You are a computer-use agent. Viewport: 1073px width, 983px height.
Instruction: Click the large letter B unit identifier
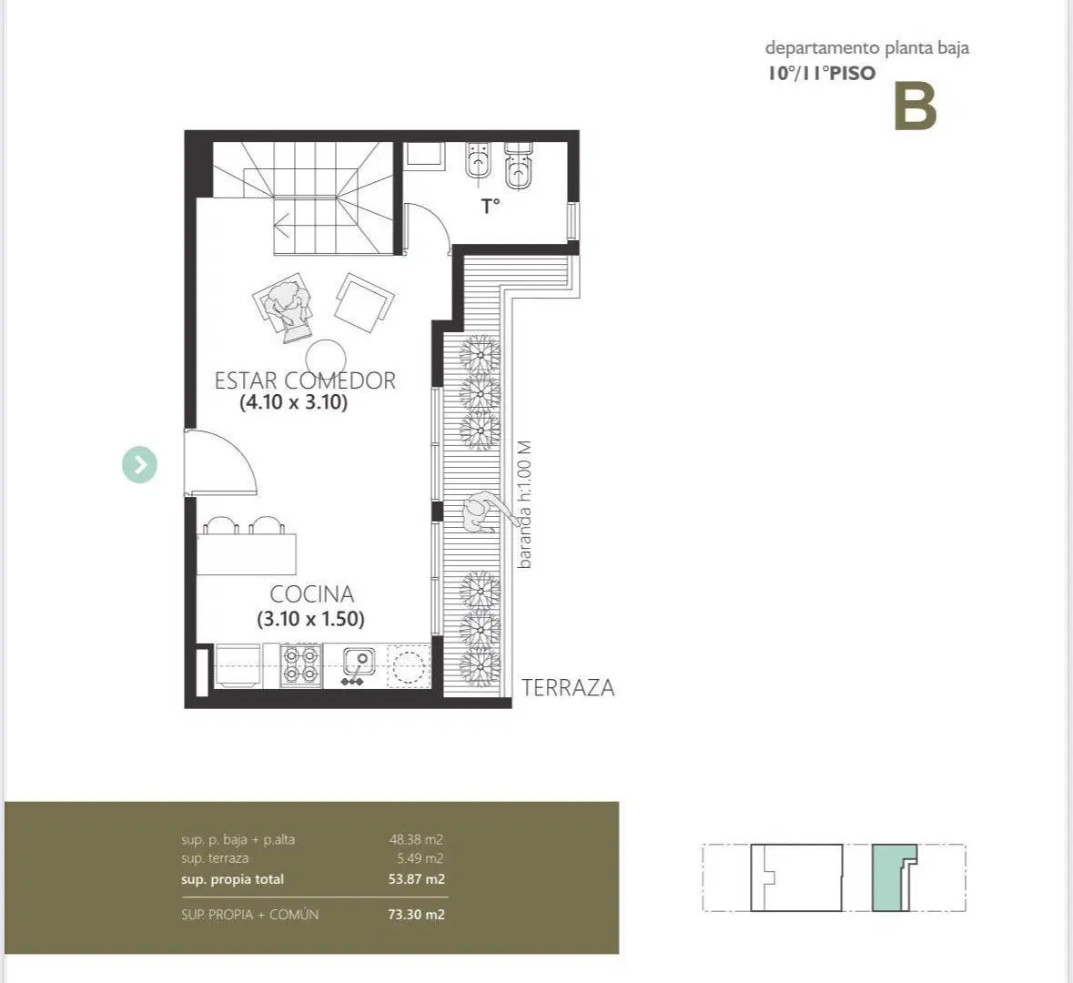click(915, 106)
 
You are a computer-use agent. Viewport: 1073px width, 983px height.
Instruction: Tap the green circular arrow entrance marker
click(139, 465)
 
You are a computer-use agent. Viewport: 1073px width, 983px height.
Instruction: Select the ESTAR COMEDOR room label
click(305, 380)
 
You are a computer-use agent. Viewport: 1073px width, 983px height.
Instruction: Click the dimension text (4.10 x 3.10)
click(294, 401)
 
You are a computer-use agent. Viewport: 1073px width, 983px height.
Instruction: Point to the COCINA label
click(312, 594)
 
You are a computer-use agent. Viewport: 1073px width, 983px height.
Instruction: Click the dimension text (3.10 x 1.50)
click(310, 619)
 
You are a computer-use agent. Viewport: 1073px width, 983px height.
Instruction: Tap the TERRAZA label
click(568, 688)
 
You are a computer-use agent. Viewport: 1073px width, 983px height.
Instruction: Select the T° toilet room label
click(490, 206)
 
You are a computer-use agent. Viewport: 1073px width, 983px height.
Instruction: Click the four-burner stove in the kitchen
click(301, 665)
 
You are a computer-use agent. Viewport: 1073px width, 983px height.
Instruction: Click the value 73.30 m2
click(416, 915)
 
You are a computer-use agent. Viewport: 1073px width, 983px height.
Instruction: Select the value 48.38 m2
click(416, 839)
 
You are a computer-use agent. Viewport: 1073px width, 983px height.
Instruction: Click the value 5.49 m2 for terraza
click(420, 858)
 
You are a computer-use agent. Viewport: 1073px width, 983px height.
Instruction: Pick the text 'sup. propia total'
click(232, 879)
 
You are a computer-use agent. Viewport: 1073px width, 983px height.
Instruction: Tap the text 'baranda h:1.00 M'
click(524, 504)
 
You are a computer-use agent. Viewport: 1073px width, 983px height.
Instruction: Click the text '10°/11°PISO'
click(821, 73)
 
